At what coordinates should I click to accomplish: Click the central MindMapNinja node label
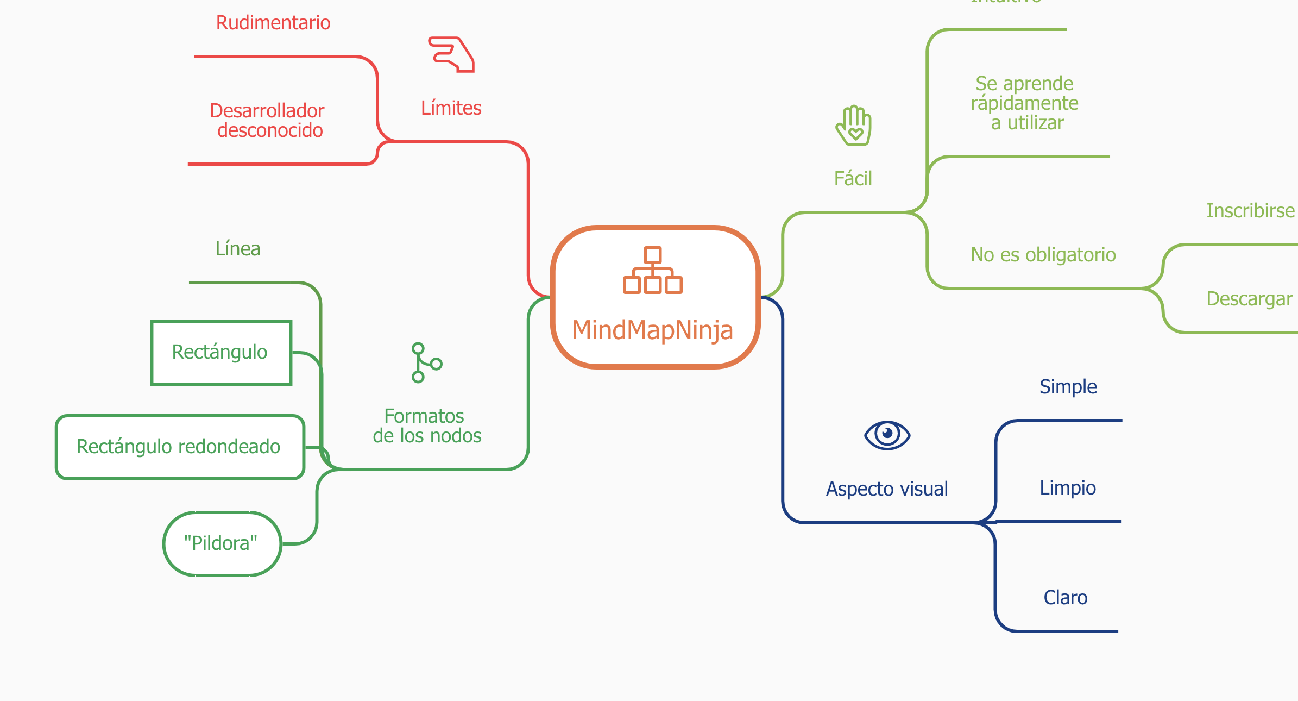point(652,330)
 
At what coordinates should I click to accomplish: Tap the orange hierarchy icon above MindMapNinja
point(652,270)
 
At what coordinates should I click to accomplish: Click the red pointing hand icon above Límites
point(451,54)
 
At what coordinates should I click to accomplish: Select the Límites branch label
point(451,108)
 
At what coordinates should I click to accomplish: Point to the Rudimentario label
point(273,23)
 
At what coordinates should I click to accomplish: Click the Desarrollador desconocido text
point(268,121)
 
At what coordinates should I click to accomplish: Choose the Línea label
point(238,249)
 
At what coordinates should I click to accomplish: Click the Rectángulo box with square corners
point(221,352)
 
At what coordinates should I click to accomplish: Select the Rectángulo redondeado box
point(180,447)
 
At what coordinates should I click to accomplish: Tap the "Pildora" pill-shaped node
point(222,543)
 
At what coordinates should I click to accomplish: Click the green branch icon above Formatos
point(426,362)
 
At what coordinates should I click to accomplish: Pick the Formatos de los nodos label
point(426,426)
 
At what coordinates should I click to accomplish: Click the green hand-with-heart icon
point(854,126)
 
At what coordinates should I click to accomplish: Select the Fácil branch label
point(853,179)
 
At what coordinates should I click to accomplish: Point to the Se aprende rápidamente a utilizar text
point(1024,103)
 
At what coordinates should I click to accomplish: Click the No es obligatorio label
point(1043,255)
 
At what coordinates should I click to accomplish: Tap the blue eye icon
point(887,435)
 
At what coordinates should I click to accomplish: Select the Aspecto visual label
point(887,489)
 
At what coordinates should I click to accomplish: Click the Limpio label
point(1068,488)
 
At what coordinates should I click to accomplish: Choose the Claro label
point(1066,598)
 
